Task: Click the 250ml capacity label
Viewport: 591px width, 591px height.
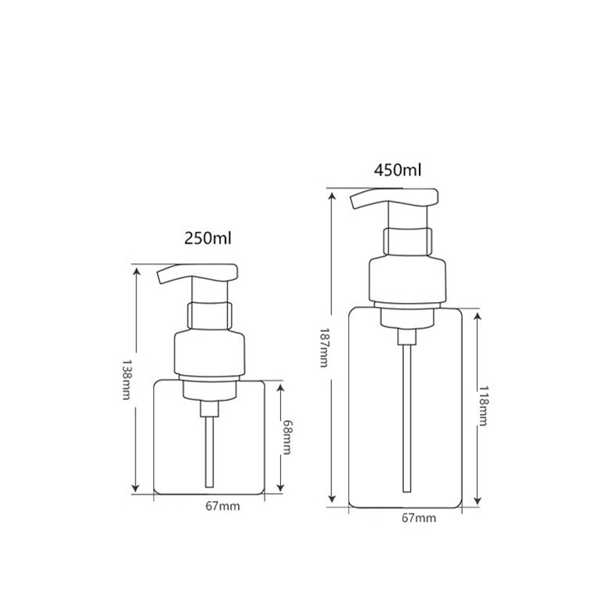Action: click(x=207, y=238)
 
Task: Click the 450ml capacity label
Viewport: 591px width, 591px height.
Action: click(x=398, y=171)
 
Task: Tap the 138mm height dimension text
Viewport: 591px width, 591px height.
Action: click(x=126, y=379)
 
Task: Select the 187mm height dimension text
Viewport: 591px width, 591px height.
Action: click(x=324, y=348)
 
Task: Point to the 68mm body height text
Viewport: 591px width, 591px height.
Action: click(x=286, y=438)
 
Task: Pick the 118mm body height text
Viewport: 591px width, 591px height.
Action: click(x=484, y=405)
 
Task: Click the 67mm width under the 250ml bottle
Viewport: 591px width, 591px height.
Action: click(x=222, y=506)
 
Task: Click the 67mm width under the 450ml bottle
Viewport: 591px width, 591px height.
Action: click(x=419, y=518)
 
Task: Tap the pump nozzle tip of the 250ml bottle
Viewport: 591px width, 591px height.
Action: click(x=160, y=277)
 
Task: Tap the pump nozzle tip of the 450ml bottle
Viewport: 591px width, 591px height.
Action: click(x=354, y=202)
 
